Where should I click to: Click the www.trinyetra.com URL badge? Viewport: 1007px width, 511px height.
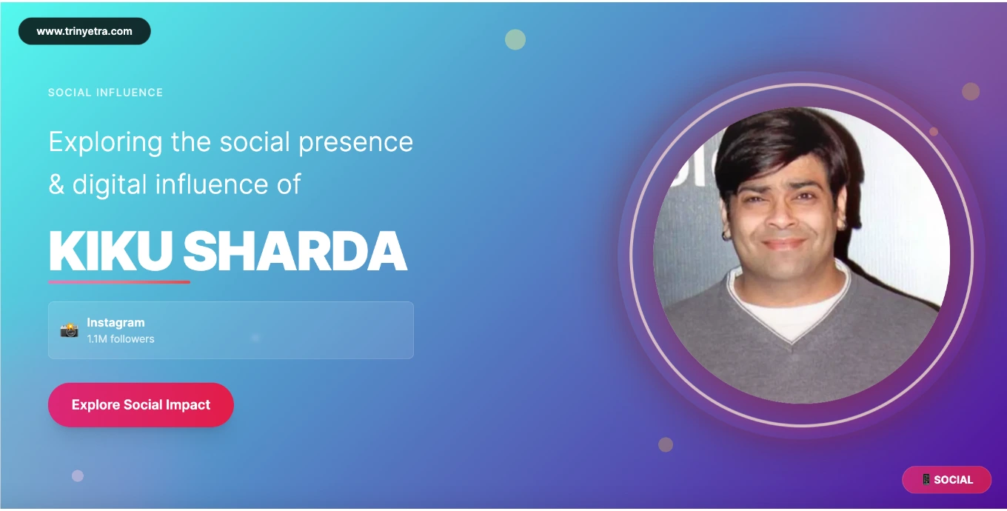[84, 31]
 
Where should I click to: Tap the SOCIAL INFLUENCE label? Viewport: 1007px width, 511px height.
[106, 93]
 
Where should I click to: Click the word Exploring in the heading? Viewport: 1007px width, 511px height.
[105, 143]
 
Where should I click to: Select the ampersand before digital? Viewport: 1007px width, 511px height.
[56, 184]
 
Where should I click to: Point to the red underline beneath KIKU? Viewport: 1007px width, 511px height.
[119, 282]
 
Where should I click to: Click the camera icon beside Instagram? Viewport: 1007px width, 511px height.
[70, 330]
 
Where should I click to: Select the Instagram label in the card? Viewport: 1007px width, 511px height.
[116, 323]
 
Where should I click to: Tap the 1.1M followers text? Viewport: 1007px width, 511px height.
[121, 338]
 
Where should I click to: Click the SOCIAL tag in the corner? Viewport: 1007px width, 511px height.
[947, 479]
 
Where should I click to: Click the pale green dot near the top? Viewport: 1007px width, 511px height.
[515, 39]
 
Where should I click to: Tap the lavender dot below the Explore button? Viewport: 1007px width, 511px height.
[78, 475]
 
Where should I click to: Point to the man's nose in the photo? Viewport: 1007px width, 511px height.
[781, 215]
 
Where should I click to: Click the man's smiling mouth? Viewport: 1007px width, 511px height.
[783, 244]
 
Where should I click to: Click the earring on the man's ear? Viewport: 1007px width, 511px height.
[725, 235]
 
